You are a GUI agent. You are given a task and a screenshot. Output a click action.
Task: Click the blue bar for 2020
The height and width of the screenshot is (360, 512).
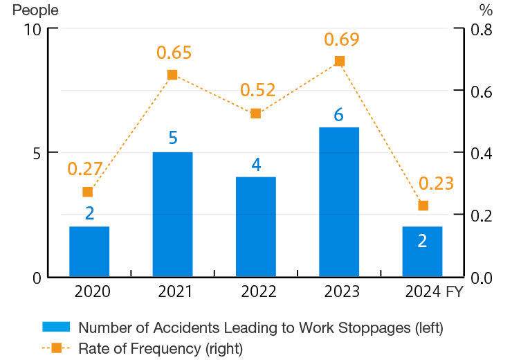89,251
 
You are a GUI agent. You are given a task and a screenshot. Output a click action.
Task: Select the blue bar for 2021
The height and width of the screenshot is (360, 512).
172,215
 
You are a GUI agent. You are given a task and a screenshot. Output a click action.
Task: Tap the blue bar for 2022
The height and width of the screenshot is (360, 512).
255,227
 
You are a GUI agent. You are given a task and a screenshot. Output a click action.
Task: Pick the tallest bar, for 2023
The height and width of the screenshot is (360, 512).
338,202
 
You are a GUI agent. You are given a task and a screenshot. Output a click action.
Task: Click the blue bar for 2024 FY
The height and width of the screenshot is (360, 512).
421,251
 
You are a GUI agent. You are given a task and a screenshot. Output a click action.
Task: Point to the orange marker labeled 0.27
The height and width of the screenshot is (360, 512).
87,192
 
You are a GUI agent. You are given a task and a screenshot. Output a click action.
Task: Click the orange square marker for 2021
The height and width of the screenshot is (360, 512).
172,75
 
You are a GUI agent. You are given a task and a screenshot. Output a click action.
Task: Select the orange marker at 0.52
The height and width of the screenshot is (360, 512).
255,114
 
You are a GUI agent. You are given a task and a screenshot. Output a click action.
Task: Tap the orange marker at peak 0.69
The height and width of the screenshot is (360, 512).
339,61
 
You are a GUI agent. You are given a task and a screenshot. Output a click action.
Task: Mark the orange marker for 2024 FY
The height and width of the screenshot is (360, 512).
423,206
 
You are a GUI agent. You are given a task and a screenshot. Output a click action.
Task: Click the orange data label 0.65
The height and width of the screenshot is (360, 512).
174,53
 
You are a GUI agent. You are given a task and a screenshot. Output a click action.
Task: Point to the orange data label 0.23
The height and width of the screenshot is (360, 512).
436,183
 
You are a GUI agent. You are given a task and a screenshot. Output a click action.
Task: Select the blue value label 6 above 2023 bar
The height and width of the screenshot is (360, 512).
338,115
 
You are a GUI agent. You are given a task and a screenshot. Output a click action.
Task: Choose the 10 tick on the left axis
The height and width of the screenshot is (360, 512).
33,30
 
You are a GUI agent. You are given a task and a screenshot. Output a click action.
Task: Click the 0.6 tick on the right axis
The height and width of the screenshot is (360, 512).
482,91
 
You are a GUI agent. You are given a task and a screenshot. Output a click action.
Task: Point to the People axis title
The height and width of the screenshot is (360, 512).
35,10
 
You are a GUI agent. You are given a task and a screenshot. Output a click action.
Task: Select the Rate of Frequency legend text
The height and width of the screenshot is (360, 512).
161,348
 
